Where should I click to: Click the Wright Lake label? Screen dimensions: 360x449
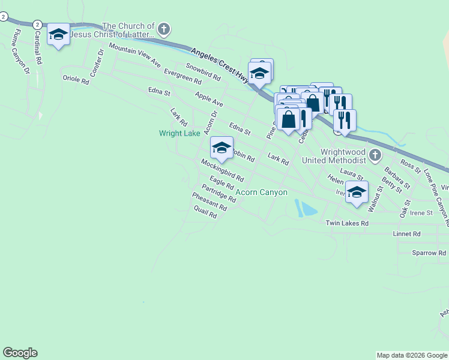tap(179, 133)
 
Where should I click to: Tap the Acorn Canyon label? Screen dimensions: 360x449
tap(262, 193)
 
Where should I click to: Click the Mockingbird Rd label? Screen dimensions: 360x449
tap(222, 170)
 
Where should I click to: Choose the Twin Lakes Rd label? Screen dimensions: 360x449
tap(346, 223)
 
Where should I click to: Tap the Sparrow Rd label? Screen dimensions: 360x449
tap(429, 253)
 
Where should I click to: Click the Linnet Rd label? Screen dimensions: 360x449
tap(406, 234)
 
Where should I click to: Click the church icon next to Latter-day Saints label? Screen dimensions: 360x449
tap(164, 29)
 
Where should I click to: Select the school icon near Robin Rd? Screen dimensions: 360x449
tap(221, 148)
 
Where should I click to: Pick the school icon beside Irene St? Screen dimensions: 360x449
tap(357, 193)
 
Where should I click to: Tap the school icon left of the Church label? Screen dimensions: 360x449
tap(58, 35)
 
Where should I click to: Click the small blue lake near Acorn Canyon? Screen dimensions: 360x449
tap(307, 209)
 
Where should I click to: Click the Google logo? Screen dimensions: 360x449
tap(20, 353)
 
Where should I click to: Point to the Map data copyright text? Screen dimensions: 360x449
tap(412, 356)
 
